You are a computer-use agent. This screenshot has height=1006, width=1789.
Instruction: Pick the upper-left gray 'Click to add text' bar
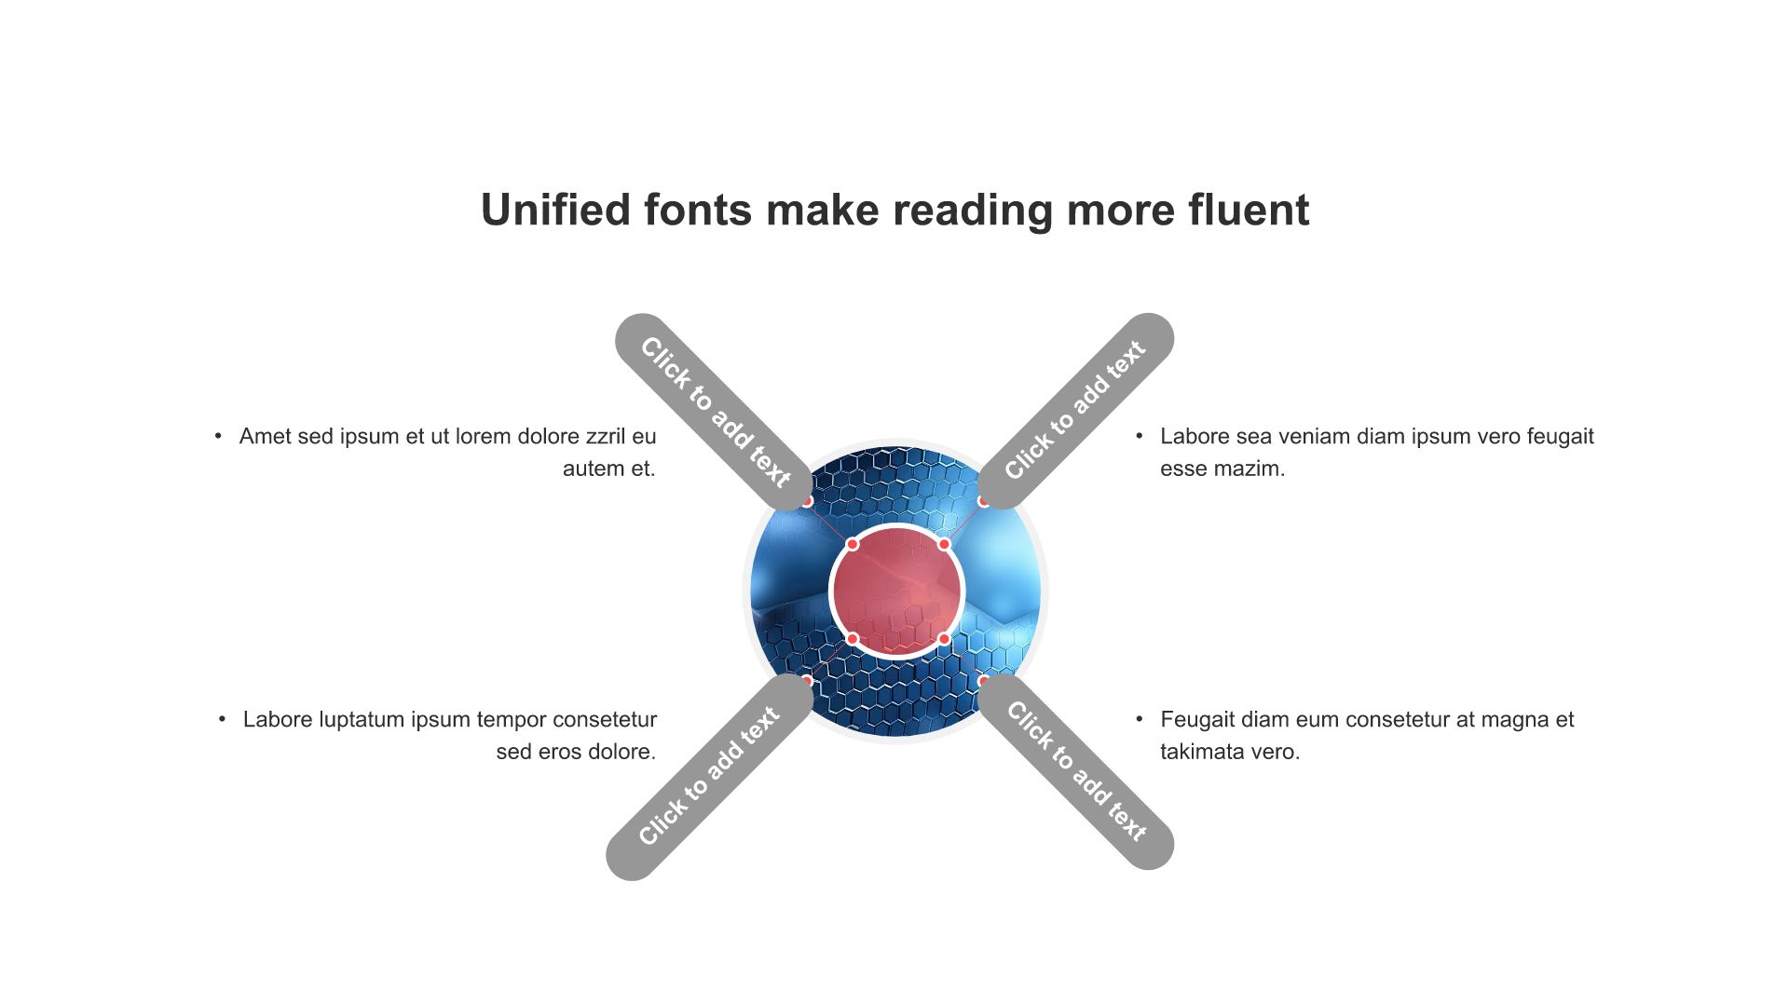click(715, 412)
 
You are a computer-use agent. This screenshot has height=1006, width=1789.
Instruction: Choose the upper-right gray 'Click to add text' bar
click(1075, 411)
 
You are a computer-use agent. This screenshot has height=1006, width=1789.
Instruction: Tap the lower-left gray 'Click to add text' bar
click(710, 776)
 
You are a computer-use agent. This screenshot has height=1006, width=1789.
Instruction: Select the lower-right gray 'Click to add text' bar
click(1075, 771)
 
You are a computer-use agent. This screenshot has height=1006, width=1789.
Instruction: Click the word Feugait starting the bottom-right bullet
click(1197, 720)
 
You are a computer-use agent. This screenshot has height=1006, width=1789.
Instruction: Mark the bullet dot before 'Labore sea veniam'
click(1139, 436)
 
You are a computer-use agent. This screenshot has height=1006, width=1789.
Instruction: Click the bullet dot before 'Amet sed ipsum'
click(218, 436)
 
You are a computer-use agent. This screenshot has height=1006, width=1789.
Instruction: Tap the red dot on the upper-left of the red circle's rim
click(852, 544)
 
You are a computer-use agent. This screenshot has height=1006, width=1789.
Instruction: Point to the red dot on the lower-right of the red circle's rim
click(944, 639)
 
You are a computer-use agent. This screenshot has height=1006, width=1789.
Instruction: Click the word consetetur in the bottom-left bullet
click(601, 720)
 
